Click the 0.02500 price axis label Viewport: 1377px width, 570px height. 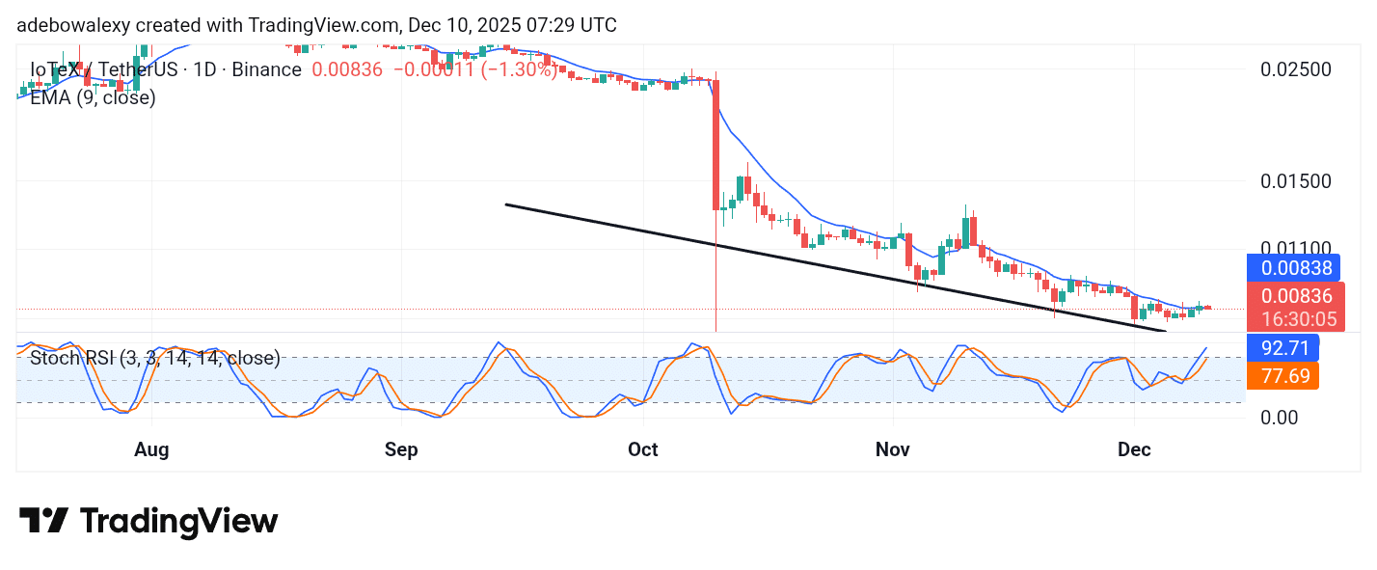coord(1297,69)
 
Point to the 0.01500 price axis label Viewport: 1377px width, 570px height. coord(1297,181)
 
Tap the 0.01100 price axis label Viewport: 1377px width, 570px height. coord(1297,249)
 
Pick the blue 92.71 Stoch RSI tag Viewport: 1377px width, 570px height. coord(1282,346)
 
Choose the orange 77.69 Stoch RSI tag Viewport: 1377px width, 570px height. coord(1282,375)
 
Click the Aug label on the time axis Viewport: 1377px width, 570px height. coord(151,449)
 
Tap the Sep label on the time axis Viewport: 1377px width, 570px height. coord(401,449)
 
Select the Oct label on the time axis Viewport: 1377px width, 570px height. coord(643,449)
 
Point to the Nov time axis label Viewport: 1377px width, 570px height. coord(893,449)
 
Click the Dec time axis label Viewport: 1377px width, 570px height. coord(1135,449)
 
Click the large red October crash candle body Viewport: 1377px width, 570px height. coord(716,145)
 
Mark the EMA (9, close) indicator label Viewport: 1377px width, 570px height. coord(93,96)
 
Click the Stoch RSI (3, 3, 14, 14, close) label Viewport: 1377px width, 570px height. coord(155,359)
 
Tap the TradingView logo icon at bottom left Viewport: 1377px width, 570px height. coord(43,522)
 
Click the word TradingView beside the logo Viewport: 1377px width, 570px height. coord(178,522)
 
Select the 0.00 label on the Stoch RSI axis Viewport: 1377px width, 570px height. coord(1280,418)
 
